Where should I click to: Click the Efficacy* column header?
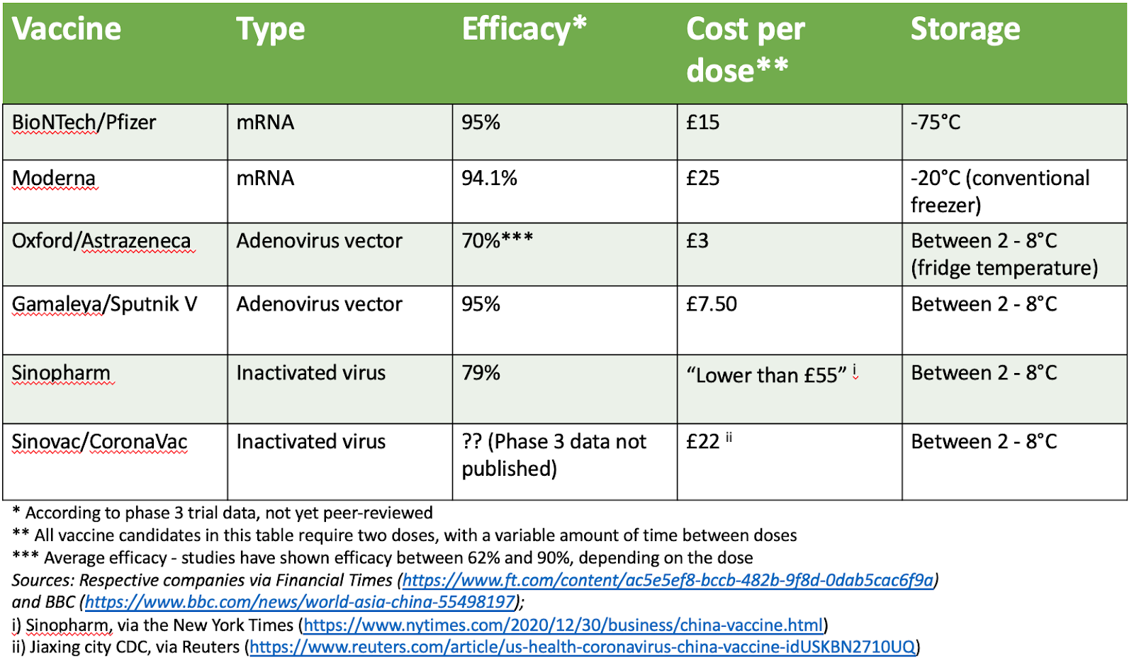[524, 30]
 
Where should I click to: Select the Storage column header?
[965, 30]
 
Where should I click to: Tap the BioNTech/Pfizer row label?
[84, 123]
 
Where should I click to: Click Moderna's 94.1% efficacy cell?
[489, 178]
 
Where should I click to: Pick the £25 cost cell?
[702, 178]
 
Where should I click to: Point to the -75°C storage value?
[936, 123]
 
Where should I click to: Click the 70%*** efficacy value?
[497, 241]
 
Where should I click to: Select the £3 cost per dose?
[697, 241]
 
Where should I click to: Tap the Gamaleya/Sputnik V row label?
[104, 304]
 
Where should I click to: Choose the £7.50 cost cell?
[712, 304]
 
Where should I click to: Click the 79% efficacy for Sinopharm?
[481, 373]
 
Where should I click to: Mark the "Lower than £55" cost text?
[766, 374]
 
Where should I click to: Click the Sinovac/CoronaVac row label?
[99, 442]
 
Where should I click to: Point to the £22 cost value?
[703, 442]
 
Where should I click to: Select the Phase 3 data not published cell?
[554, 455]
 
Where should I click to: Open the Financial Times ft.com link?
[668, 580]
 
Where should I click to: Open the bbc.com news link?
[300, 602]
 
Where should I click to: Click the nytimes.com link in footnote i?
[563, 625]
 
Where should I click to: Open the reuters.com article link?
[583, 647]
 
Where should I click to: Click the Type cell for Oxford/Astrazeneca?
[319, 241]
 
